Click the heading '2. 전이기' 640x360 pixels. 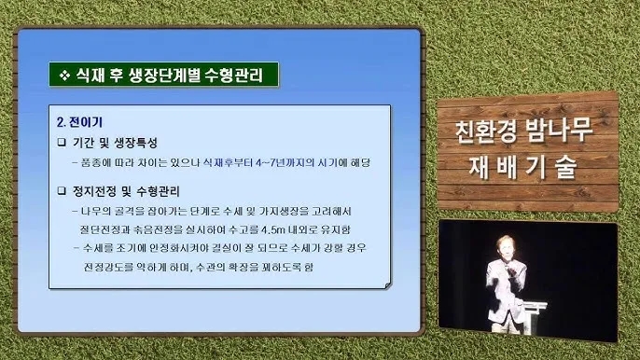79,121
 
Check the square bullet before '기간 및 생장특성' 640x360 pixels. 63,143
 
